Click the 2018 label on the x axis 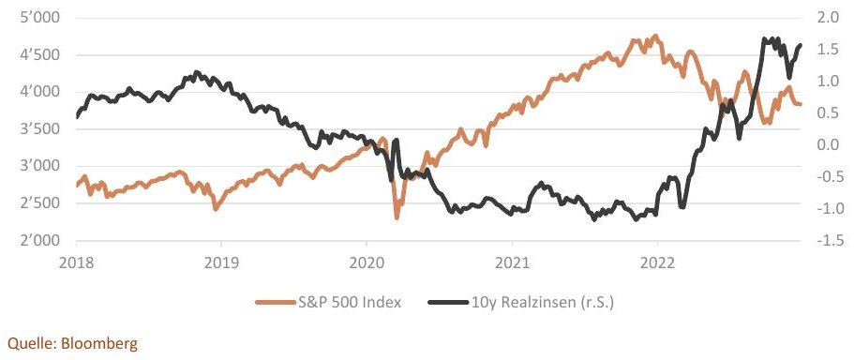76,263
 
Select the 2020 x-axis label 367,263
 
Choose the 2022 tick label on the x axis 657,263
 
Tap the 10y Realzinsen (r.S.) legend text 541,303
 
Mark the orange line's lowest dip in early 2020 397,217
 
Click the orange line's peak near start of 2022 656,37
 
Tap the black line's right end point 800,45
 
